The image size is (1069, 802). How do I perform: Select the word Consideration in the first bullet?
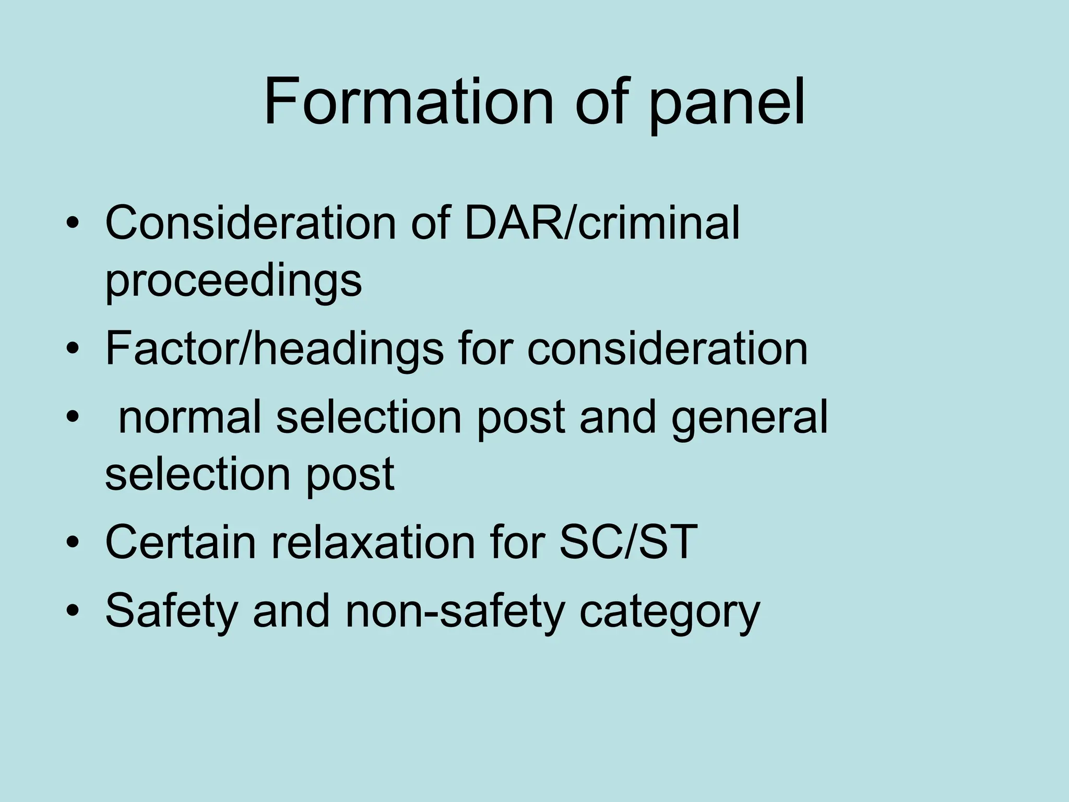pyautogui.click(x=251, y=223)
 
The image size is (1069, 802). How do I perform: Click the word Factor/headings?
pyautogui.click(x=275, y=349)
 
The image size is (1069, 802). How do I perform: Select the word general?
pyautogui.click(x=750, y=418)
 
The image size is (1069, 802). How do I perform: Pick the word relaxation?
pyautogui.click(x=374, y=542)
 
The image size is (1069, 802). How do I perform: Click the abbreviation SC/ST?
pyautogui.click(x=628, y=542)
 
